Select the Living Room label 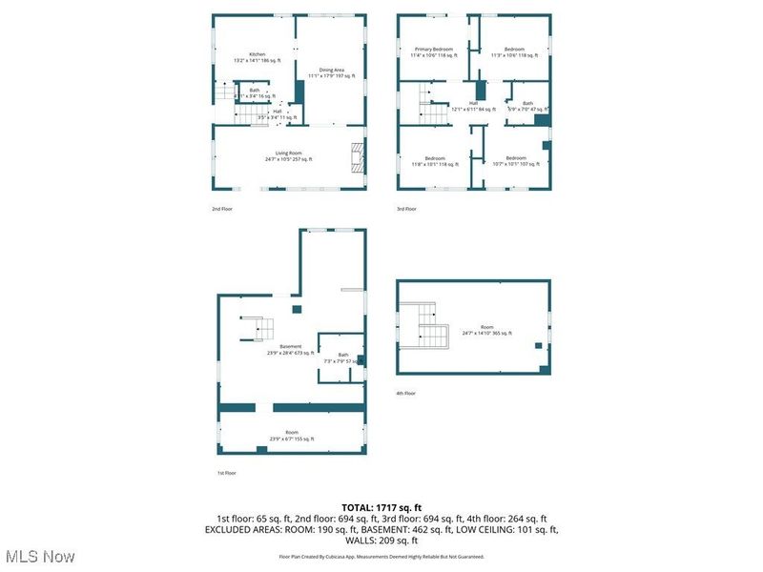pos(288,155)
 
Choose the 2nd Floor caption pos(222,208)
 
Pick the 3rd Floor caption pos(407,208)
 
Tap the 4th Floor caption pos(407,393)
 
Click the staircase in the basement pos(258,328)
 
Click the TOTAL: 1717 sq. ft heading pos(381,507)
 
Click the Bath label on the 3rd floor pos(527,106)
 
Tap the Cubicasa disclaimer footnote pos(381,556)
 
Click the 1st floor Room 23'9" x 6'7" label pos(291,436)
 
